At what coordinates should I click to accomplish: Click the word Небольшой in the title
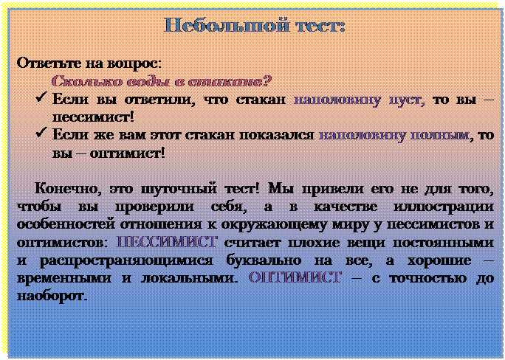226,25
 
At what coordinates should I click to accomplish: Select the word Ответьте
49,63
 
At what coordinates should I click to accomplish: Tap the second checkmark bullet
41,132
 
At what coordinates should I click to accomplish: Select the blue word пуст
406,100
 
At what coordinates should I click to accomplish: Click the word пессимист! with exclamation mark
93,117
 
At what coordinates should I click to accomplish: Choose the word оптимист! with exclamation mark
127,153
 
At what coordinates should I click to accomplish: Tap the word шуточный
179,189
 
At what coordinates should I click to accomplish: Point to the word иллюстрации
444,207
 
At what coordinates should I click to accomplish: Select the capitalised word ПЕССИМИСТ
167,242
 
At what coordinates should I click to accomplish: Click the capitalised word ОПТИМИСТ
295,277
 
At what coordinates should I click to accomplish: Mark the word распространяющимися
126,260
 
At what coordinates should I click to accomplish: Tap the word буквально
264,260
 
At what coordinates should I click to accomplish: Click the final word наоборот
52,295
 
